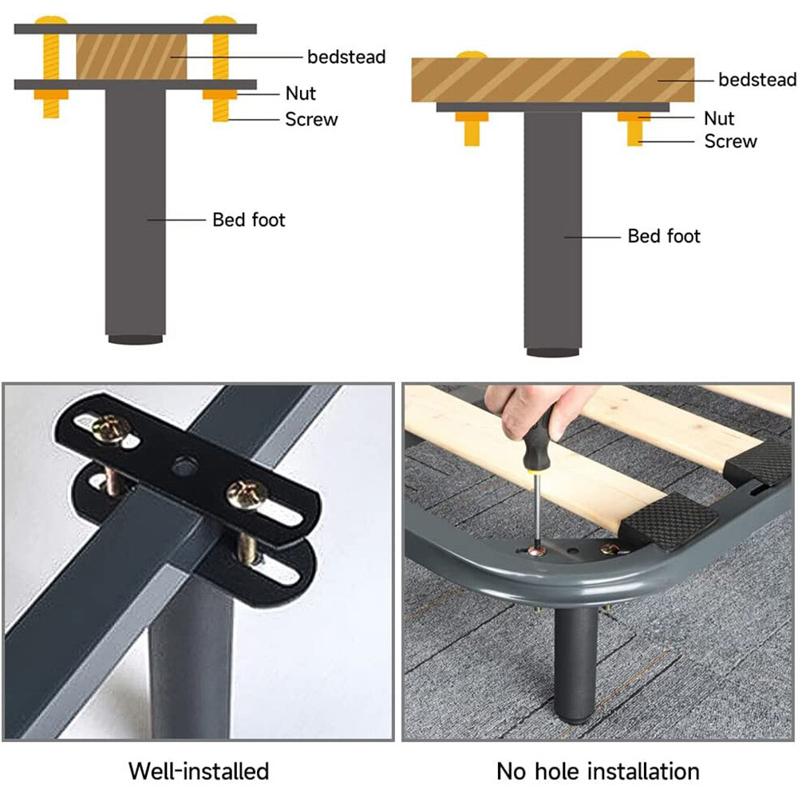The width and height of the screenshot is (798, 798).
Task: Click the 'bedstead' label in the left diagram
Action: pos(346,57)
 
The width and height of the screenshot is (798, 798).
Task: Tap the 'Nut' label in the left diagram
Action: pos(301,93)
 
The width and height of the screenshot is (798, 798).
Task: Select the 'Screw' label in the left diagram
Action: pos(311,120)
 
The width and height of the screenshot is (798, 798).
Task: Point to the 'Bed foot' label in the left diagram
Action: pos(248,219)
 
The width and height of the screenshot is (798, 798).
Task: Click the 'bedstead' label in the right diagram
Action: pos(757,80)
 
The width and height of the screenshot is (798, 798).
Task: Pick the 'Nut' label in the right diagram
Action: pos(718,119)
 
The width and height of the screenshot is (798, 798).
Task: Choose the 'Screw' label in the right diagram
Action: pos(730,142)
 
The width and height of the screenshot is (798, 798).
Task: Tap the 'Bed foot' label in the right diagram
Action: pos(664,236)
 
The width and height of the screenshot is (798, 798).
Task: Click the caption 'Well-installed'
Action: pos(199,771)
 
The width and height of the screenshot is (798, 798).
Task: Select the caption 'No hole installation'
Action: pos(598,771)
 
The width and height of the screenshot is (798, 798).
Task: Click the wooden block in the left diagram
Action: pos(132,57)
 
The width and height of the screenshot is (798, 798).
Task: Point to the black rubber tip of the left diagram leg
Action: pos(134,339)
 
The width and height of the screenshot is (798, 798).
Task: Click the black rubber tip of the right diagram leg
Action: pos(552,351)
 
